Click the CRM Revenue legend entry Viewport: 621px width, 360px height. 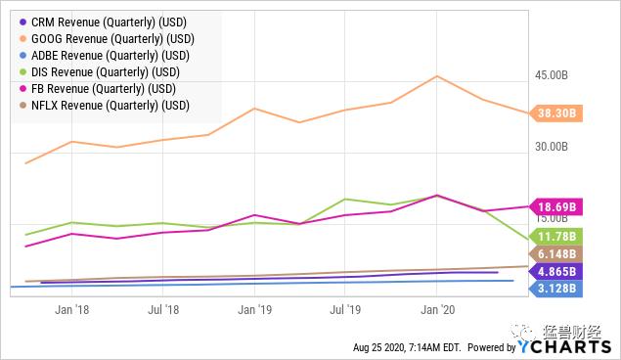point(103,22)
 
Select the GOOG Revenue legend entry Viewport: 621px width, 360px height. point(107,39)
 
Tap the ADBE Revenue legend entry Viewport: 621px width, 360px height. point(105,56)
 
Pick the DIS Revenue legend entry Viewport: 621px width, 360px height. point(100,72)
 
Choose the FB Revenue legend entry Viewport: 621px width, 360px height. point(98,89)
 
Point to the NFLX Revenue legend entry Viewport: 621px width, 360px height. point(105,106)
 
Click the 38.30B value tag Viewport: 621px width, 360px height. point(556,113)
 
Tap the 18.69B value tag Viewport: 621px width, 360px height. point(556,206)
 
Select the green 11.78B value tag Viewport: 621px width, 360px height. point(556,237)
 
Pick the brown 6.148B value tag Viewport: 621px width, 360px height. point(556,254)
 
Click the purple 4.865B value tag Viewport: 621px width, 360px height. point(556,272)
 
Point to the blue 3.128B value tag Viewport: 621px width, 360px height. point(556,289)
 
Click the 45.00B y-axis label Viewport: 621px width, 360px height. point(552,75)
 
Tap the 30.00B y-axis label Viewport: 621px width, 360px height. point(552,147)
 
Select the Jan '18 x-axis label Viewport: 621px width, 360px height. point(71,309)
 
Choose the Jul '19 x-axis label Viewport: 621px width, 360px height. point(345,309)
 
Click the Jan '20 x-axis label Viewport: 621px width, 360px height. point(437,309)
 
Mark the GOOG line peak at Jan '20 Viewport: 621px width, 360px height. point(437,76)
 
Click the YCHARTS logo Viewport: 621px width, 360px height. point(564,346)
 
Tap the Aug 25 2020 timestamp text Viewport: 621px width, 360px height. point(407,347)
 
